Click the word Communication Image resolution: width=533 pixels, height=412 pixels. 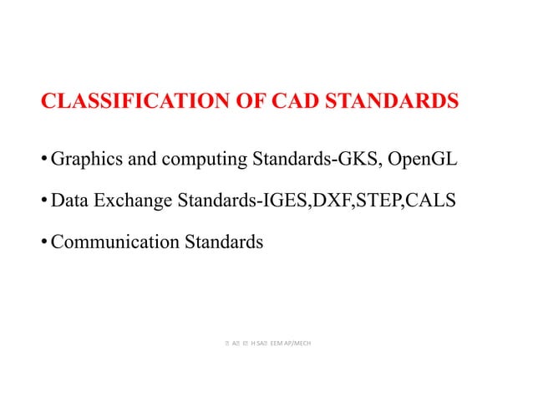pos(109,242)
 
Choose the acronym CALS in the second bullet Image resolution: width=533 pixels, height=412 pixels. pos(434,201)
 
